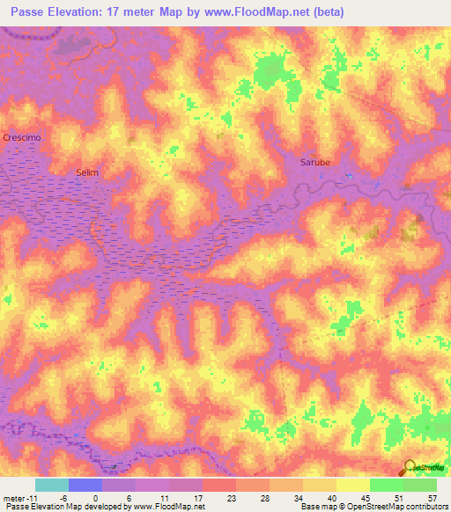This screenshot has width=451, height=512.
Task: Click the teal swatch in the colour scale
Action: (x=52, y=485)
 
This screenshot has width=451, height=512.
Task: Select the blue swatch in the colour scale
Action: (x=85, y=485)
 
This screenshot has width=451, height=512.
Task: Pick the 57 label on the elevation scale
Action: (x=431, y=497)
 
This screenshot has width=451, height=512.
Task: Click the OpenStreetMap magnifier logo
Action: (x=410, y=468)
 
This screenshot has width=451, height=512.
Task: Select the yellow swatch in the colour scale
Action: (x=353, y=485)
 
